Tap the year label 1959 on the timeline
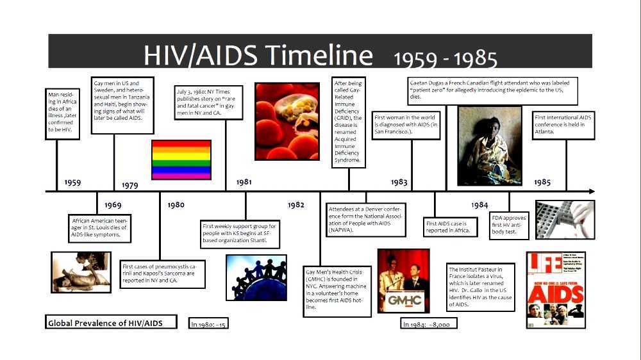pyautogui.click(x=72, y=183)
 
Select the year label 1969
pyautogui.click(x=113, y=205)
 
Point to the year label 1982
pyautogui.click(x=296, y=205)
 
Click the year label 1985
pyautogui.click(x=542, y=182)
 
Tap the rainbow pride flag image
pyautogui.click(x=181, y=160)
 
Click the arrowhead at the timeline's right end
pyautogui.click(x=591, y=191)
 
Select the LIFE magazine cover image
pyautogui.click(x=555, y=290)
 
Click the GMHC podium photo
pyautogui.click(x=403, y=281)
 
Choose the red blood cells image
pyautogui.click(x=287, y=121)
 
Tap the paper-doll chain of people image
pyautogui.click(x=256, y=277)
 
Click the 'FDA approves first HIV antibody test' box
pyautogui.click(x=509, y=224)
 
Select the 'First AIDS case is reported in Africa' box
pyautogui.click(x=451, y=227)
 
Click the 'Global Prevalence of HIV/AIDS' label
pyautogui.click(x=112, y=322)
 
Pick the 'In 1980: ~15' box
pyautogui.click(x=208, y=324)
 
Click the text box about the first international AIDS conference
pyautogui.click(x=563, y=125)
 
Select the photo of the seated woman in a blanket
pyautogui.click(x=489, y=145)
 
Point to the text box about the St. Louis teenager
pyautogui.click(x=100, y=228)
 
